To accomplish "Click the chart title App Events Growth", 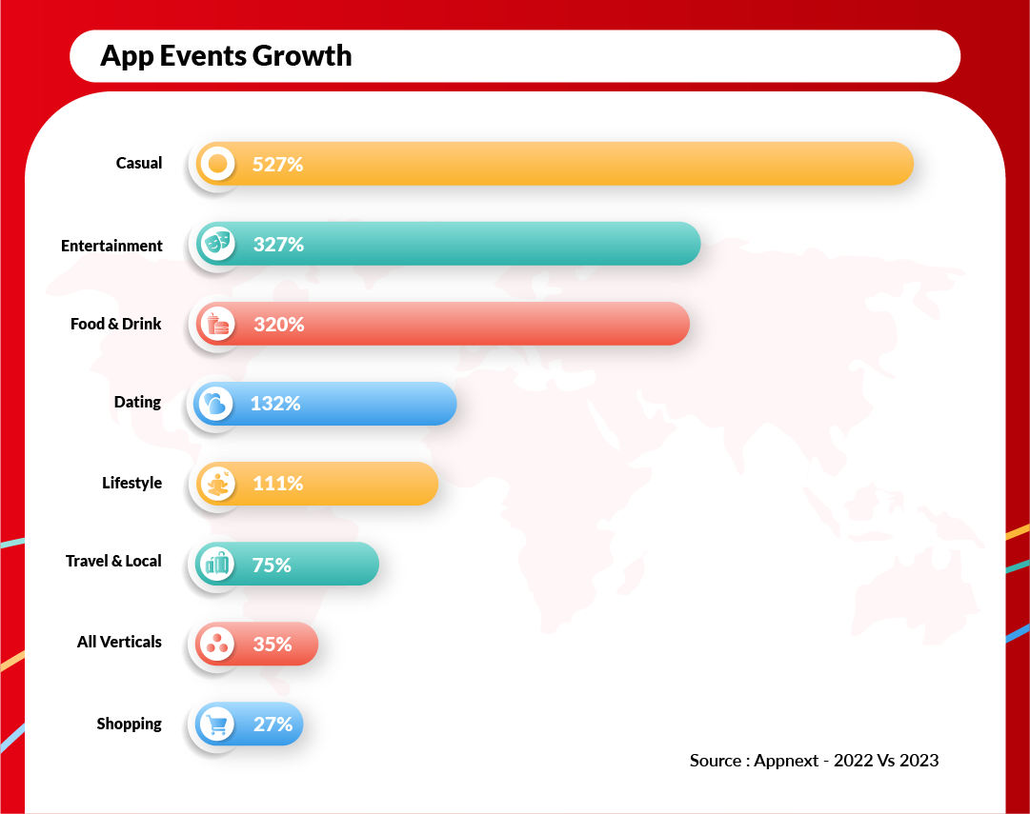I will click(226, 56).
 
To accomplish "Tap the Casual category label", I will click(139, 163).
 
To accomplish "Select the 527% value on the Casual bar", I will click(277, 164).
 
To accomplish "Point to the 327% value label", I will click(278, 245).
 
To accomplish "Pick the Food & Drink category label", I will click(116, 324).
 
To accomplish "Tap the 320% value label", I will click(278, 325).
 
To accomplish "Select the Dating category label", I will click(137, 402).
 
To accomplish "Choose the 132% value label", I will click(275, 404).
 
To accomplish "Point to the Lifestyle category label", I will click(131, 483).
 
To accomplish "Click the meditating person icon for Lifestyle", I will click(218, 484).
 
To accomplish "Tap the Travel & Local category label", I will click(113, 561).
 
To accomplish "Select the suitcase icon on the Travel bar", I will click(218, 564).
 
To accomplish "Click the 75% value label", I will click(272, 565).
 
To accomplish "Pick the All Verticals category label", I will click(119, 642).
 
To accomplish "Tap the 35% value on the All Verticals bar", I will click(273, 645).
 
